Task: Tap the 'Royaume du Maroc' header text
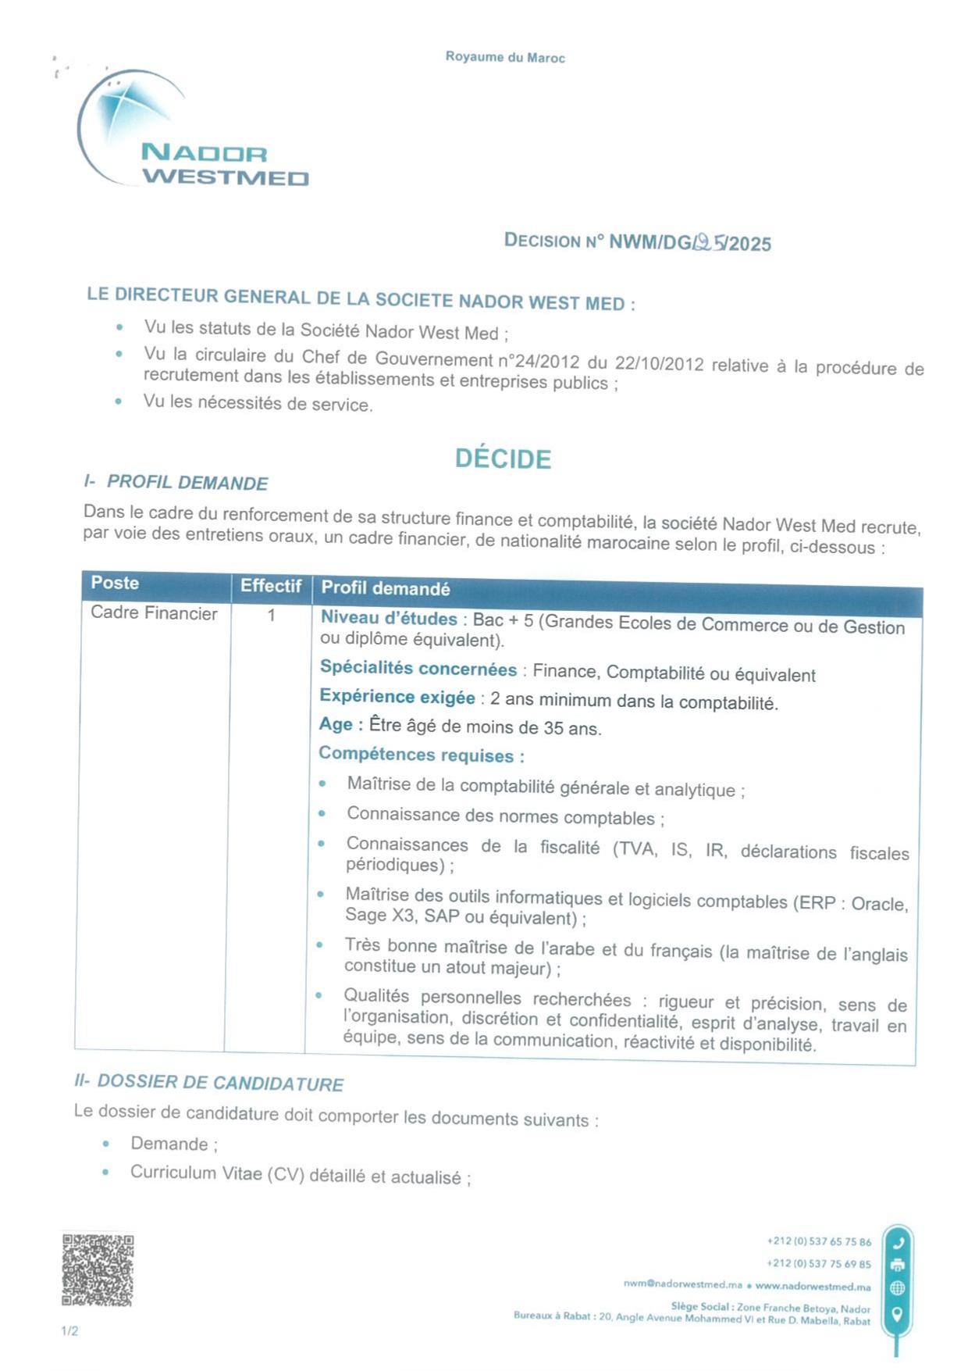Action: [x=505, y=57]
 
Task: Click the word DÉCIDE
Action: [x=503, y=459]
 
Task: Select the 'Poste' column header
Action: [x=115, y=583]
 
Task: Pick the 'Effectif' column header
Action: [x=270, y=586]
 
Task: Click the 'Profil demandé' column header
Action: [x=386, y=588]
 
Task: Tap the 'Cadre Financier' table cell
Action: [x=154, y=613]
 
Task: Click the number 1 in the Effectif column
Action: [x=271, y=616]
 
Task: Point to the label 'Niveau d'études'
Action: [x=389, y=618]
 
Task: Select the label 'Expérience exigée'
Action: [x=397, y=697]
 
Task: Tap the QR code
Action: [x=98, y=1269]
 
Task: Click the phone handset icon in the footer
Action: [x=898, y=1243]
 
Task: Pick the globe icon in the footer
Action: [x=898, y=1288]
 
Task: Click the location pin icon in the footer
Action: [x=898, y=1314]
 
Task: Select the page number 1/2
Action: [x=69, y=1331]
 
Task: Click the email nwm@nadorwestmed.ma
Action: [x=682, y=1285]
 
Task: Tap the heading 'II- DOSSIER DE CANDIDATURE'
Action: [x=208, y=1083]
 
